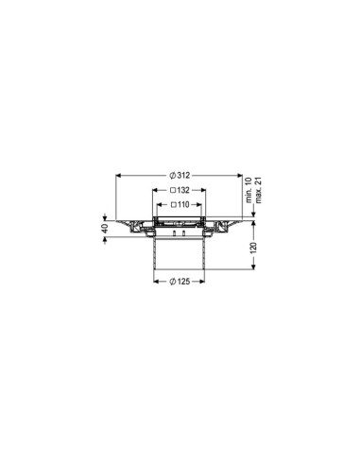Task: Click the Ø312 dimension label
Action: pyautogui.click(x=180, y=175)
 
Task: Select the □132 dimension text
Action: pyautogui.click(x=180, y=190)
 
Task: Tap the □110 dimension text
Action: pyautogui.click(x=180, y=205)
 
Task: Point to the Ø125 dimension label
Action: pyautogui.click(x=180, y=283)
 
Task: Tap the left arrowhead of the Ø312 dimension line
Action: pyautogui.click(x=119, y=175)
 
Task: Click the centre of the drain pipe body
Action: pyautogui.click(x=180, y=250)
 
